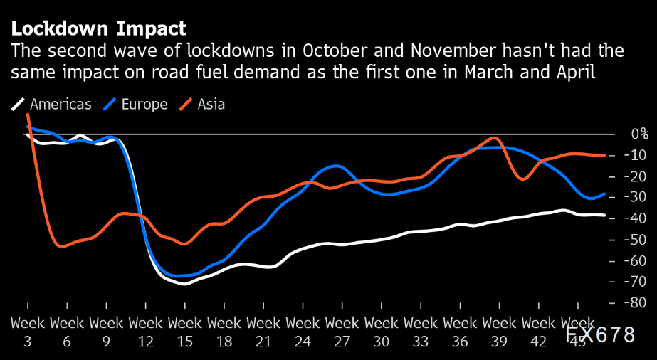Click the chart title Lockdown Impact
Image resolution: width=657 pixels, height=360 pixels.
(98, 29)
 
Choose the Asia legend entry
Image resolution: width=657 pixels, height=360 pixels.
(202, 105)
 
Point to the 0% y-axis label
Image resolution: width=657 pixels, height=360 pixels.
(638, 134)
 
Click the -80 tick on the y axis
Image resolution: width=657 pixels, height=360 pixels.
(636, 303)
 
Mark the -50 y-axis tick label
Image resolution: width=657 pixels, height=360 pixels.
(636, 240)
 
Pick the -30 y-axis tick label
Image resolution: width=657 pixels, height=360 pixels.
(636, 197)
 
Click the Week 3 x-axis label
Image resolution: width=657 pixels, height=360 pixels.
(27, 332)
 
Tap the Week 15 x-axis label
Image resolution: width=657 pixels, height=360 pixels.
(184, 332)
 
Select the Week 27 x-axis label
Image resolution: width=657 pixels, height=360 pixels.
(342, 332)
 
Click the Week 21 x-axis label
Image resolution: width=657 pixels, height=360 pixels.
(263, 332)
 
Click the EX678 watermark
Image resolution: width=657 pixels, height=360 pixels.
(607, 335)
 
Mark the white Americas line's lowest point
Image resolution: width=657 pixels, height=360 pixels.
(185, 283)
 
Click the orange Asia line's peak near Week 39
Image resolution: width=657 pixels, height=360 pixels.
(496, 138)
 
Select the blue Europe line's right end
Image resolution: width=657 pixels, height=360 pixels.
(605, 194)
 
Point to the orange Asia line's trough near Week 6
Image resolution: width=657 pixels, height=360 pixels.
(62, 246)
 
